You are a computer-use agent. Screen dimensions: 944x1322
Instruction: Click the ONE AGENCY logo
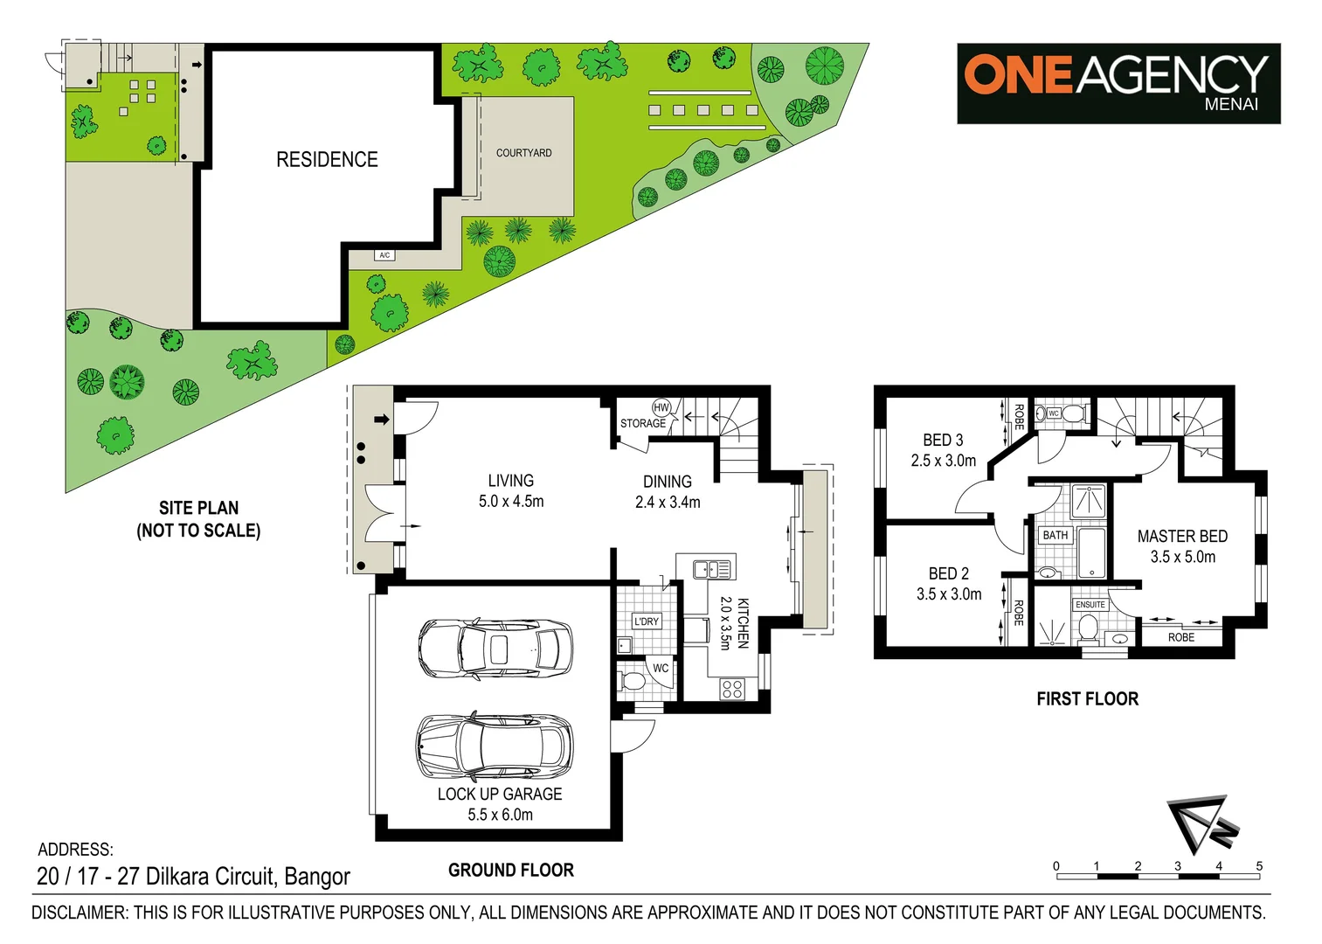(1118, 83)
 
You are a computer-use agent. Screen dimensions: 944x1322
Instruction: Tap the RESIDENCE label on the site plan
(327, 160)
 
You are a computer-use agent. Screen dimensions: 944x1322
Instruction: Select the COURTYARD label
(523, 153)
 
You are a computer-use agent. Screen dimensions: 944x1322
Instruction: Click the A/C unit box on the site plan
(384, 255)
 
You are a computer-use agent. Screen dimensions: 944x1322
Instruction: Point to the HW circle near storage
(661, 407)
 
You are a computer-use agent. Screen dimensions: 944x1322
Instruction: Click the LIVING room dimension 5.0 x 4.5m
(511, 502)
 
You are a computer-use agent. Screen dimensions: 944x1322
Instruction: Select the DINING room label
(667, 482)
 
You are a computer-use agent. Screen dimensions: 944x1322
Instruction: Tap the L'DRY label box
(647, 621)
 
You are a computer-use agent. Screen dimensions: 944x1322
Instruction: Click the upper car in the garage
(495, 649)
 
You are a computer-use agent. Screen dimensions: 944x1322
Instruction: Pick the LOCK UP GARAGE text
(500, 794)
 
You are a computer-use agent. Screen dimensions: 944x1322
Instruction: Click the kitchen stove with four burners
(732, 689)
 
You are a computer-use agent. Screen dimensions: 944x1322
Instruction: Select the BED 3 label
(943, 441)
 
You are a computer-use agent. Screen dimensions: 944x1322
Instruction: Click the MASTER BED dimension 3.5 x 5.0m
(1182, 558)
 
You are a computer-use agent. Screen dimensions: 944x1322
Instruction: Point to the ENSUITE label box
(1090, 605)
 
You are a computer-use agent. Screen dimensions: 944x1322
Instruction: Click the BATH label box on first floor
(1056, 535)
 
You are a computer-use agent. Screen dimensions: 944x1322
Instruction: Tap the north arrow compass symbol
(1201, 824)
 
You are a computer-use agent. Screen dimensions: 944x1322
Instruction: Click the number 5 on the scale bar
(1259, 866)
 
